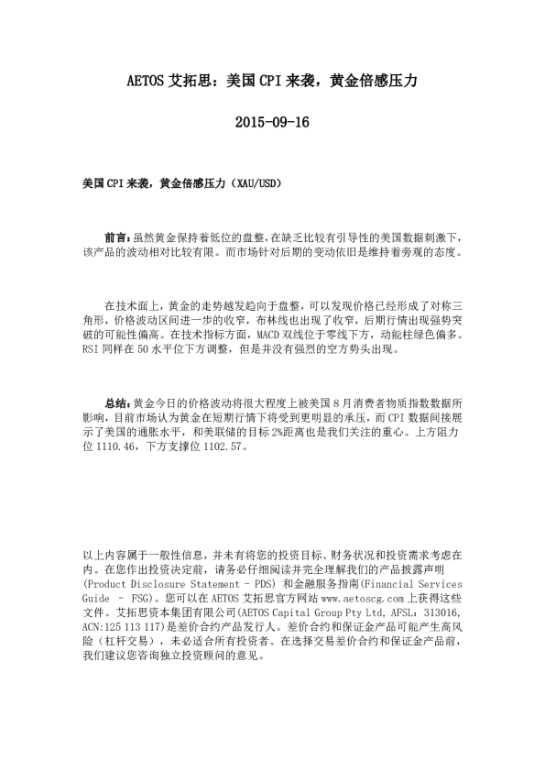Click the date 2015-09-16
(272, 121)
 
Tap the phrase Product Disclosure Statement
(161, 581)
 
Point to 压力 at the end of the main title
(403, 81)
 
